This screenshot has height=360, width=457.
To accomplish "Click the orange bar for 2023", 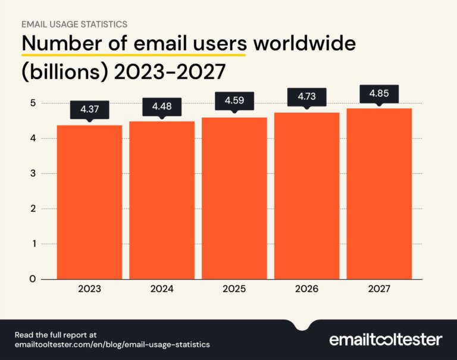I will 89,202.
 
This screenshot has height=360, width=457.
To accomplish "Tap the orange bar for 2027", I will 379,193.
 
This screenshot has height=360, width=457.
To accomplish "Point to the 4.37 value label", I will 89,109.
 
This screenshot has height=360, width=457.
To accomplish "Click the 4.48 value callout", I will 162,106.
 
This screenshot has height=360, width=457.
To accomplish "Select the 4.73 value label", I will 306,97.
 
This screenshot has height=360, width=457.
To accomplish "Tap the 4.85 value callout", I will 379,93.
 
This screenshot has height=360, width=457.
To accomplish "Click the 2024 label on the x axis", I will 162,289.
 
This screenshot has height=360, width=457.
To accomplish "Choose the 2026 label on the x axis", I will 306,289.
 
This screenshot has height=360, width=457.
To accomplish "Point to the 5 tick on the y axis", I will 33,104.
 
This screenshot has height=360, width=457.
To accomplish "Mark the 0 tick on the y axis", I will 33,279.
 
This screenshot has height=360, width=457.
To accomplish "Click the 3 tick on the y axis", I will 33,174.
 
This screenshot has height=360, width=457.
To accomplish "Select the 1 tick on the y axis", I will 33,244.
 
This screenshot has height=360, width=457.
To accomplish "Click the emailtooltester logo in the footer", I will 386,340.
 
